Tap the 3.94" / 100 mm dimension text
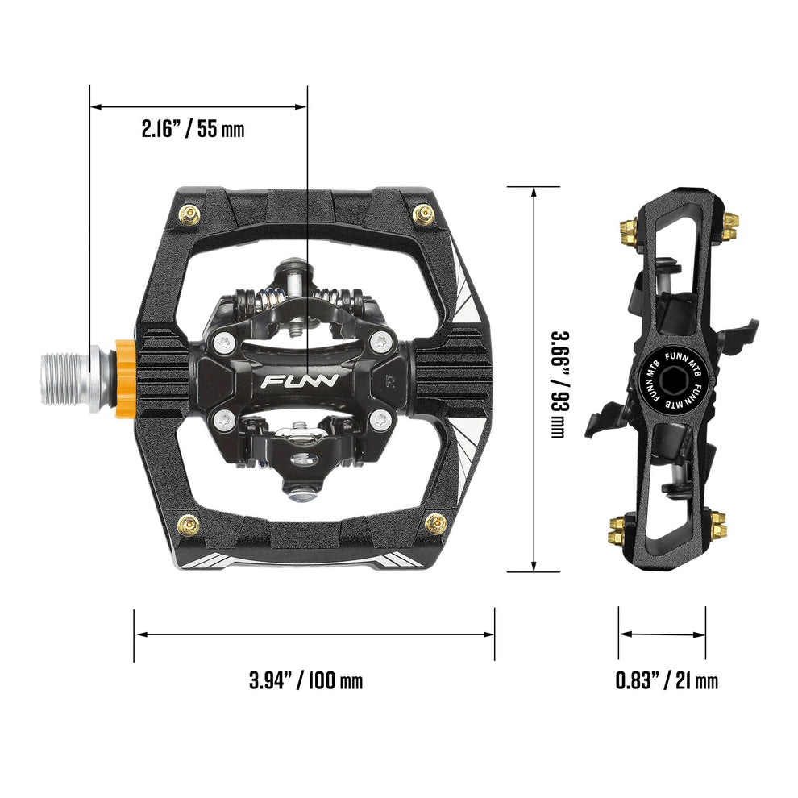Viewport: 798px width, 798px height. (305, 680)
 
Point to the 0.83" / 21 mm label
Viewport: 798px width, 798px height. (667, 680)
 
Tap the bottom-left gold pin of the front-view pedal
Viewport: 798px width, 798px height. (189, 524)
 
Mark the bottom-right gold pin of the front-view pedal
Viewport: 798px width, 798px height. (435, 524)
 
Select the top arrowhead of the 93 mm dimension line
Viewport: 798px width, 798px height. (534, 191)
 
